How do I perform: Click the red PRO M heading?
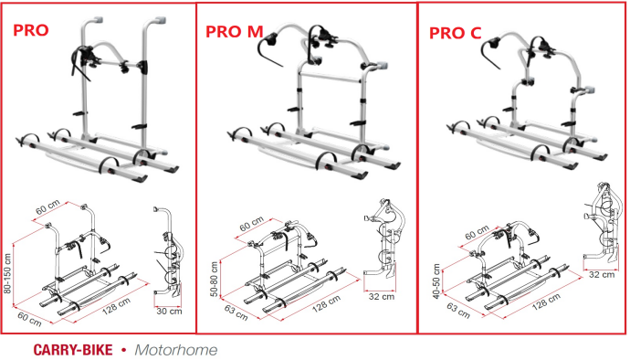click(235, 32)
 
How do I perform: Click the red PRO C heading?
click(456, 33)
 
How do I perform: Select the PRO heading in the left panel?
click(31, 30)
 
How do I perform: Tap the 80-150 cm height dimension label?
click(7, 273)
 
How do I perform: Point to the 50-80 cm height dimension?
click(215, 280)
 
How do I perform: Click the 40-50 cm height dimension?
click(436, 281)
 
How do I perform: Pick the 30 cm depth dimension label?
click(169, 311)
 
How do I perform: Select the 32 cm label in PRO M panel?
click(382, 296)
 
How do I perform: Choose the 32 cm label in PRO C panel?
click(602, 274)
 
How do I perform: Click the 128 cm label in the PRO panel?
click(116, 306)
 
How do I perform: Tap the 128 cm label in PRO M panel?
click(326, 302)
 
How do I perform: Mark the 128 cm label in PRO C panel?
click(546, 302)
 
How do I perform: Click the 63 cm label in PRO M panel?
click(236, 312)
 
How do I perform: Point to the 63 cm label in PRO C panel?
click(458, 310)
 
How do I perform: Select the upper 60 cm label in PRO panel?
click(47, 207)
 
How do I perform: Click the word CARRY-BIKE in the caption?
click(73, 350)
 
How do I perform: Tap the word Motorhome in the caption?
click(176, 350)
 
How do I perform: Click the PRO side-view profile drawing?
click(168, 253)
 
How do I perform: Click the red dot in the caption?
click(123, 350)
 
